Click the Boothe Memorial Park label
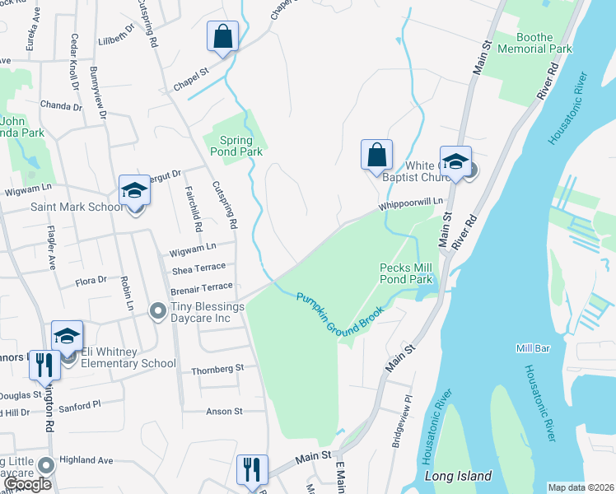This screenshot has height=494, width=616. pyautogui.click(x=544, y=43)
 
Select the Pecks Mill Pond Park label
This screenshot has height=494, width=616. pyautogui.click(x=406, y=273)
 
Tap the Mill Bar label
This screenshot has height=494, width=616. pyautogui.click(x=533, y=348)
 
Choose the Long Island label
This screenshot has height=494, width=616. pyautogui.click(x=458, y=476)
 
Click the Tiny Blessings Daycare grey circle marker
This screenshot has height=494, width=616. pyautogui.click(x=156, y=310)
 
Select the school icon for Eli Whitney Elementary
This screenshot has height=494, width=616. pyautogui.click(x=68, y=336)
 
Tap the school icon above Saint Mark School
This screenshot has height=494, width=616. pyautogui.click(x=135, y=191)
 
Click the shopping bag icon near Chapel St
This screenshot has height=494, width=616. pyautogui.click(x=222, y=36)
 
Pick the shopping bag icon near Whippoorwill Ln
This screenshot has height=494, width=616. pyautogui.click(x=376, y=154)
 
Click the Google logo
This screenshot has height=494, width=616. pyautogui.click(x=28, y=484)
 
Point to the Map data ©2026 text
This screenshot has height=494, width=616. pyautogui.click(x=581, y=487)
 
